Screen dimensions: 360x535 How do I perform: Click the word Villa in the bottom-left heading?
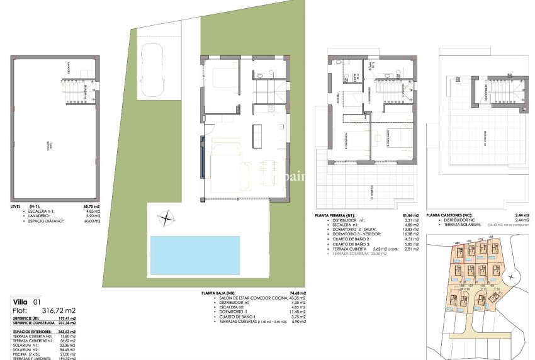click(x=22, y=301)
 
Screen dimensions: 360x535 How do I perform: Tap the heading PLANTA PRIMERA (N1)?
click(x=339, y=215)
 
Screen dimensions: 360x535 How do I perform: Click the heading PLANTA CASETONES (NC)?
click(x=452, y=215)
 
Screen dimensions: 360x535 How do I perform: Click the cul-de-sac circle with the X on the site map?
click(x=510, y=276)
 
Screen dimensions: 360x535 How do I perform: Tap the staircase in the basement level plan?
click(x=77, y=92)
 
